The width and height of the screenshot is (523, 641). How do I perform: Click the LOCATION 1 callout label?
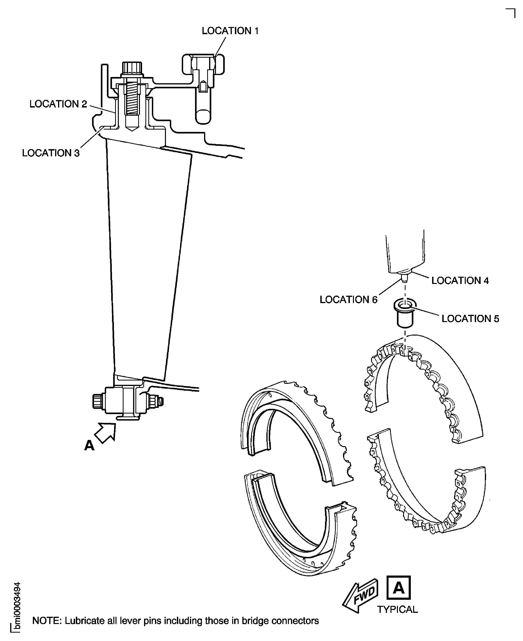coord(230,31)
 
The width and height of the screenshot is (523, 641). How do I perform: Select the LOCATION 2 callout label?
coord(58,104)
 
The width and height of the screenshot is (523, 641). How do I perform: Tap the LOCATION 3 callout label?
coord(51,153)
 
